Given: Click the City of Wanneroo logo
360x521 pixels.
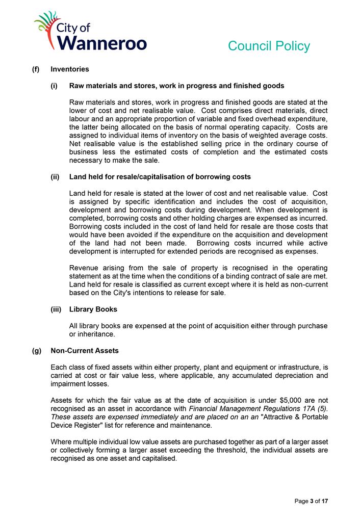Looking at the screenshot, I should point(90,32).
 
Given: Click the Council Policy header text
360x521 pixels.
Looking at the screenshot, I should point(269,46).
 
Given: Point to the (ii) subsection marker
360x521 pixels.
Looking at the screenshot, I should point(55,177).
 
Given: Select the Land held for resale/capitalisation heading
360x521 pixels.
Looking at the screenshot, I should point(160,177).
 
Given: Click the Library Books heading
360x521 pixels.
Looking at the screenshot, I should point(93,309).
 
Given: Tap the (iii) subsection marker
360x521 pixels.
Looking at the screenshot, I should point(56,309).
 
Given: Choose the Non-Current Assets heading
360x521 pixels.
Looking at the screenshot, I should point(84,351).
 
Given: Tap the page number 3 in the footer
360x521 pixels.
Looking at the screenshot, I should point(311,502).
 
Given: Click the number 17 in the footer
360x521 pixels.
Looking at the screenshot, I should point(324,502).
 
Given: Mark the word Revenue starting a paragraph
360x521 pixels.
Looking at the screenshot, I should point(85,268).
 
